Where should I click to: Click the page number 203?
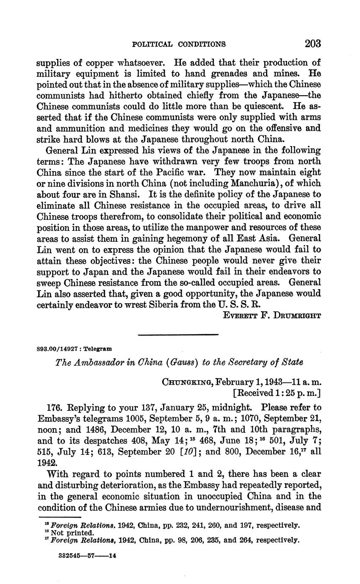click(312, 44)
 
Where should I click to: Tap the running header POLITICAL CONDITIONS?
click(179, 44)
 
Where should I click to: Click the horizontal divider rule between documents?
click(178, 335)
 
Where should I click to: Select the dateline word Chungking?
click(187, 382)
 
